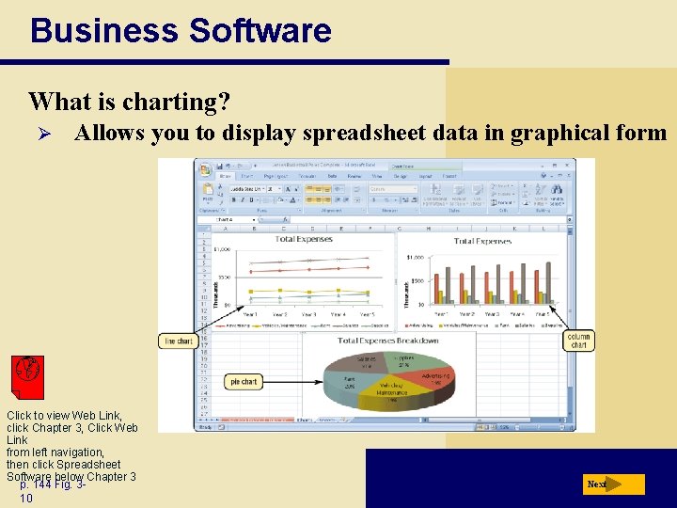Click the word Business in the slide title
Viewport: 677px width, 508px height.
(104, 30)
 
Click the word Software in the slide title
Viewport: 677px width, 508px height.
(260, 30)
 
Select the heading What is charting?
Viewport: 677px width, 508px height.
(129, 101)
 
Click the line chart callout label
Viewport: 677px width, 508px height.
(178, 341)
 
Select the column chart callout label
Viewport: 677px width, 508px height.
(578, 341)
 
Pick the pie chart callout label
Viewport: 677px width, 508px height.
(244, 381)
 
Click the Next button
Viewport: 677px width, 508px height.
(612, 484)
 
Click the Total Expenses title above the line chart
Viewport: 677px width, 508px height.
(304, 239)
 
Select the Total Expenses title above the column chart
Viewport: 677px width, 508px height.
(482, 241)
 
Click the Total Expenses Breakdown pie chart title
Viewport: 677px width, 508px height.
(387, 341)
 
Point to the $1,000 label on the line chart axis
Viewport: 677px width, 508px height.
(222, 249)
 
